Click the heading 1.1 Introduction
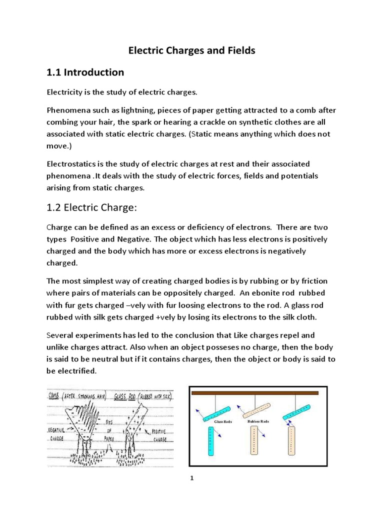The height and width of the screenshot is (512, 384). coord(85,72)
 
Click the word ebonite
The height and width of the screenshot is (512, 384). coord(269,292)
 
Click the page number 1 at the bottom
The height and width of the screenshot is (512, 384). coord(191,478)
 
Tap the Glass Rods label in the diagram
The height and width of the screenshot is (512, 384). coord(223,421)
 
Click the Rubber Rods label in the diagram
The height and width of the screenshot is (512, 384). coord(258,421)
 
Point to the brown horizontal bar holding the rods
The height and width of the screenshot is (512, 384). coord(255,393)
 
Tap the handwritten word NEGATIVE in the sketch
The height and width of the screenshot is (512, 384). coord(59,429)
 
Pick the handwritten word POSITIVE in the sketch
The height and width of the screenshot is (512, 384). coord(159,429)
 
